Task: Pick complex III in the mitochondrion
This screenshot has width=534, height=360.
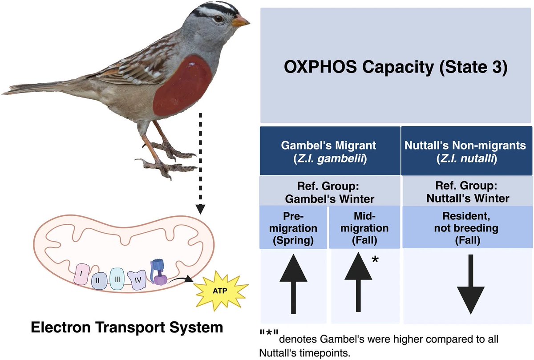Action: (x=117, y=279)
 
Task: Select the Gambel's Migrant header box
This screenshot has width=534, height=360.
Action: (x=330, y=151)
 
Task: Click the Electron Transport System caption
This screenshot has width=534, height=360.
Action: (x=127, y=328)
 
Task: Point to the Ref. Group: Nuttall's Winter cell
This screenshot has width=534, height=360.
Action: (x=468, y=192)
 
